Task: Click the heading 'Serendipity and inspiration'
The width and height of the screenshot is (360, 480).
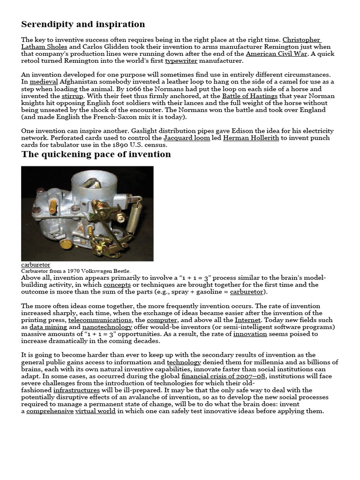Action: point(83,24)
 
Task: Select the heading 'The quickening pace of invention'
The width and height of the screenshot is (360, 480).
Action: point(96,154)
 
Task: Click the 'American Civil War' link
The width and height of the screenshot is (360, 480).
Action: point(277,54)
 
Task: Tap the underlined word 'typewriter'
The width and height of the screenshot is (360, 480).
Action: point(181,61)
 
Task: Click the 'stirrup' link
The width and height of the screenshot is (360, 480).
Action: point(72,96)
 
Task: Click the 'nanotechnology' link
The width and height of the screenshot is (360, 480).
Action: point(107,327)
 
